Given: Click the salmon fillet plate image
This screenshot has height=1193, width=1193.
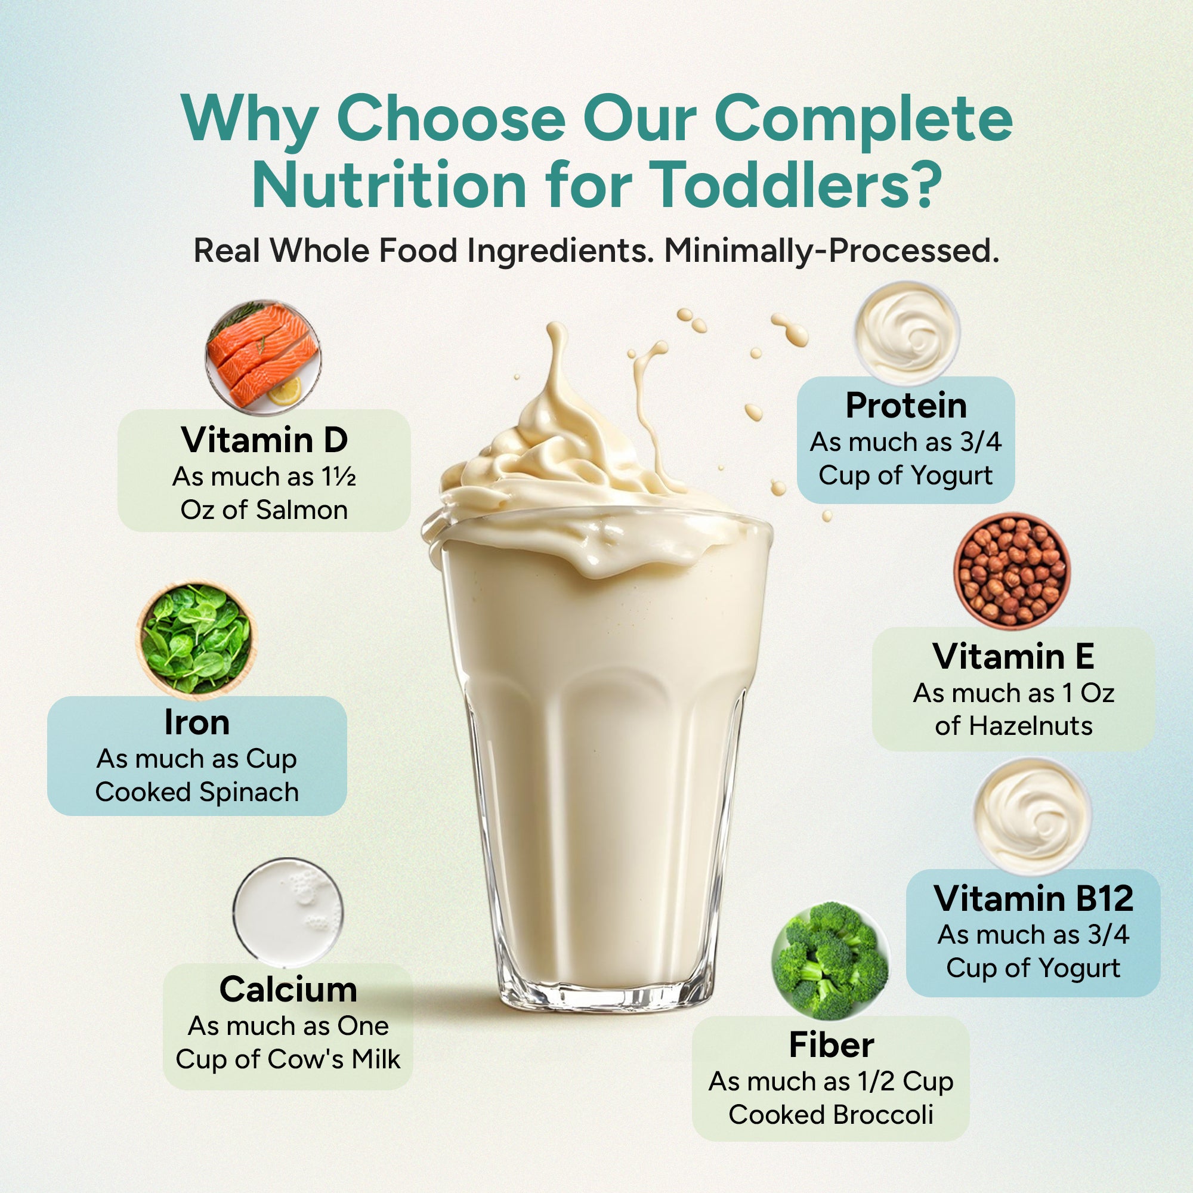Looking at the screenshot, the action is pyautogui.click(x=263, y=357).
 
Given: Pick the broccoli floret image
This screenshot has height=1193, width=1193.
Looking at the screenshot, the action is pyautogui.click(x=830, y=961).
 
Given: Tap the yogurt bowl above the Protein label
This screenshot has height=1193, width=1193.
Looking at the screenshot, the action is pyautogui.click(x=907, y=332).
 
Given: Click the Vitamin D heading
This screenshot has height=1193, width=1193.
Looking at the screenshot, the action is pyautogui.click(x=264, y=440).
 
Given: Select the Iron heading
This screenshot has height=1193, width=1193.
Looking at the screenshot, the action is pyautogui.click(x=197, y=722).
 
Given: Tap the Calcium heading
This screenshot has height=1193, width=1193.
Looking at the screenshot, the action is pyautogui.click(x=288, y=989).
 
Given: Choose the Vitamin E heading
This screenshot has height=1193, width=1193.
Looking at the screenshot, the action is pyautogui.click(x=1013, y=656).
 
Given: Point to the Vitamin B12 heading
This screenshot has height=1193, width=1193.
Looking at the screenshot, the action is pyautogui.click(x=1034, y=898).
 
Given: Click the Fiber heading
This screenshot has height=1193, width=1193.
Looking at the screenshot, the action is pyautogui.click(x=831, y=1046).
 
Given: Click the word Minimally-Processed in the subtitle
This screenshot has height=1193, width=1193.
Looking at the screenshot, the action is pyautogui.click(x=831, y=251).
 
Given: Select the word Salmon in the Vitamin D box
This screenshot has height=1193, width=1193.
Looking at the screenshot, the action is pyautogui.click(x=302, y=510).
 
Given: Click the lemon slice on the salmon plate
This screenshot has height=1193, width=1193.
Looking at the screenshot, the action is pyautogui.click(x=286, y=391).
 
